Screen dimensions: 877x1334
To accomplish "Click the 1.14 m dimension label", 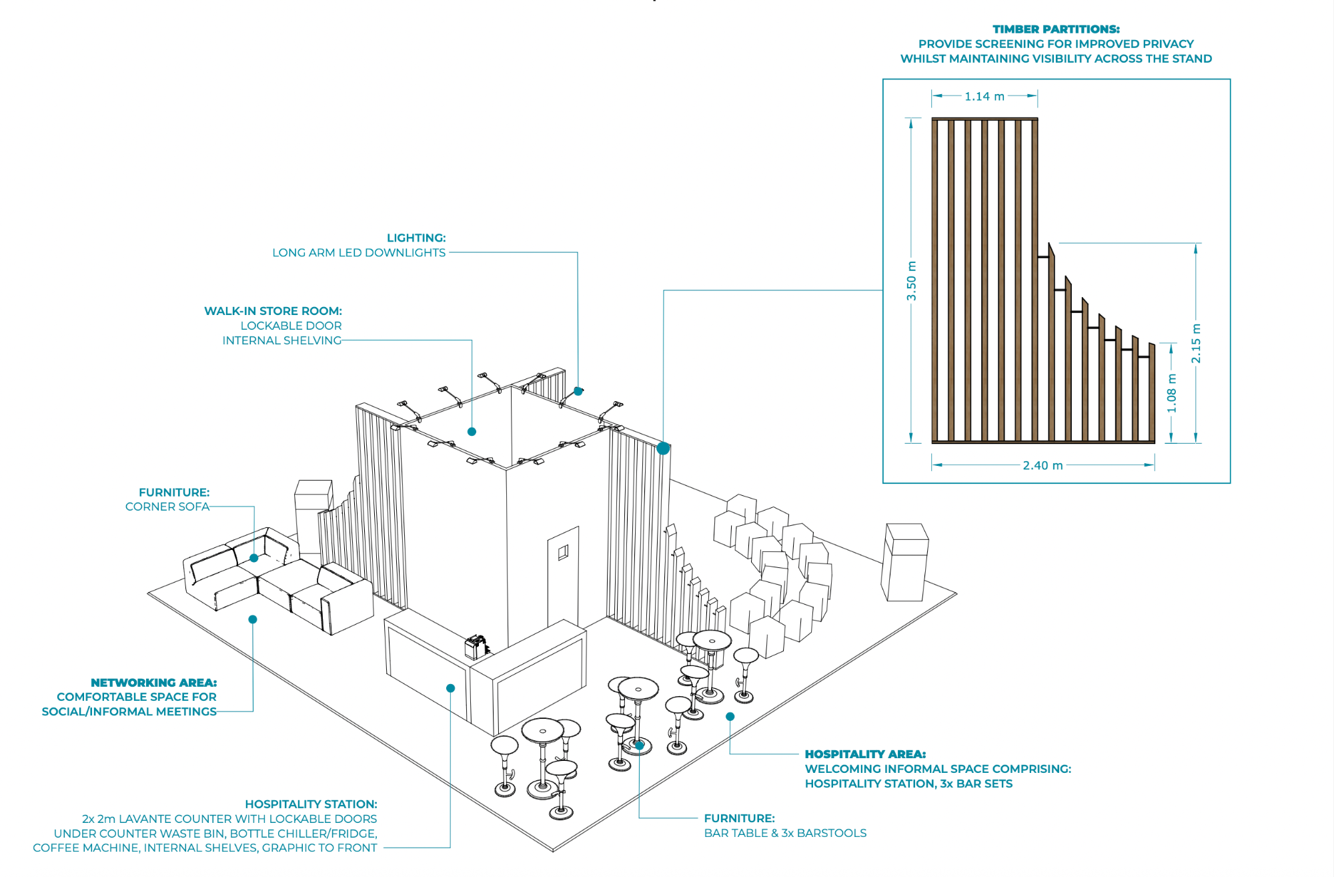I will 984,97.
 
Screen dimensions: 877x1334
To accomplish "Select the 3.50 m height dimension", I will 911,280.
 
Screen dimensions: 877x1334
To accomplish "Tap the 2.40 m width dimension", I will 1043,465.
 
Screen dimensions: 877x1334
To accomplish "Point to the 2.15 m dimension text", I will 1196,344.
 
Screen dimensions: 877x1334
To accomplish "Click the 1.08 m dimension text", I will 1172,393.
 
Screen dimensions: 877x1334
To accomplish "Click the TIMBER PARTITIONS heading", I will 1056,29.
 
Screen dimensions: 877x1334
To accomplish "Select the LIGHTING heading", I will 416,238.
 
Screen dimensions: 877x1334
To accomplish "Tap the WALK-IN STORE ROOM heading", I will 273,311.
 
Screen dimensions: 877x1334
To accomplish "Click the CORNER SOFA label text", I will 167,507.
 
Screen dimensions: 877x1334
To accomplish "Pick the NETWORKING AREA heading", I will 153,682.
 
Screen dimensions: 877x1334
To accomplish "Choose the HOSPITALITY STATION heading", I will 311,804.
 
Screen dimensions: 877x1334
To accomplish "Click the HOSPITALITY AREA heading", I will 865,754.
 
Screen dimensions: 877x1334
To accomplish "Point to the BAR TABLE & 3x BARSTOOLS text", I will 785,833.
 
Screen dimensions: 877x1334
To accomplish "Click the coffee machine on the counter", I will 476,646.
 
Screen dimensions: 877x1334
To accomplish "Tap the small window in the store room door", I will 563,552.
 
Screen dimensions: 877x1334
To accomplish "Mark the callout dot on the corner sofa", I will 254,558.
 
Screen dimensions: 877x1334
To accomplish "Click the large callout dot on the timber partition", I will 663,449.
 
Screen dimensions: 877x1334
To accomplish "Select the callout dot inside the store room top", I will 472,432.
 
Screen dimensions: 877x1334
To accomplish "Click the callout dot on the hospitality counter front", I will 450,688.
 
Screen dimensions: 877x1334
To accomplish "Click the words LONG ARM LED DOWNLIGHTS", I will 359,252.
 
